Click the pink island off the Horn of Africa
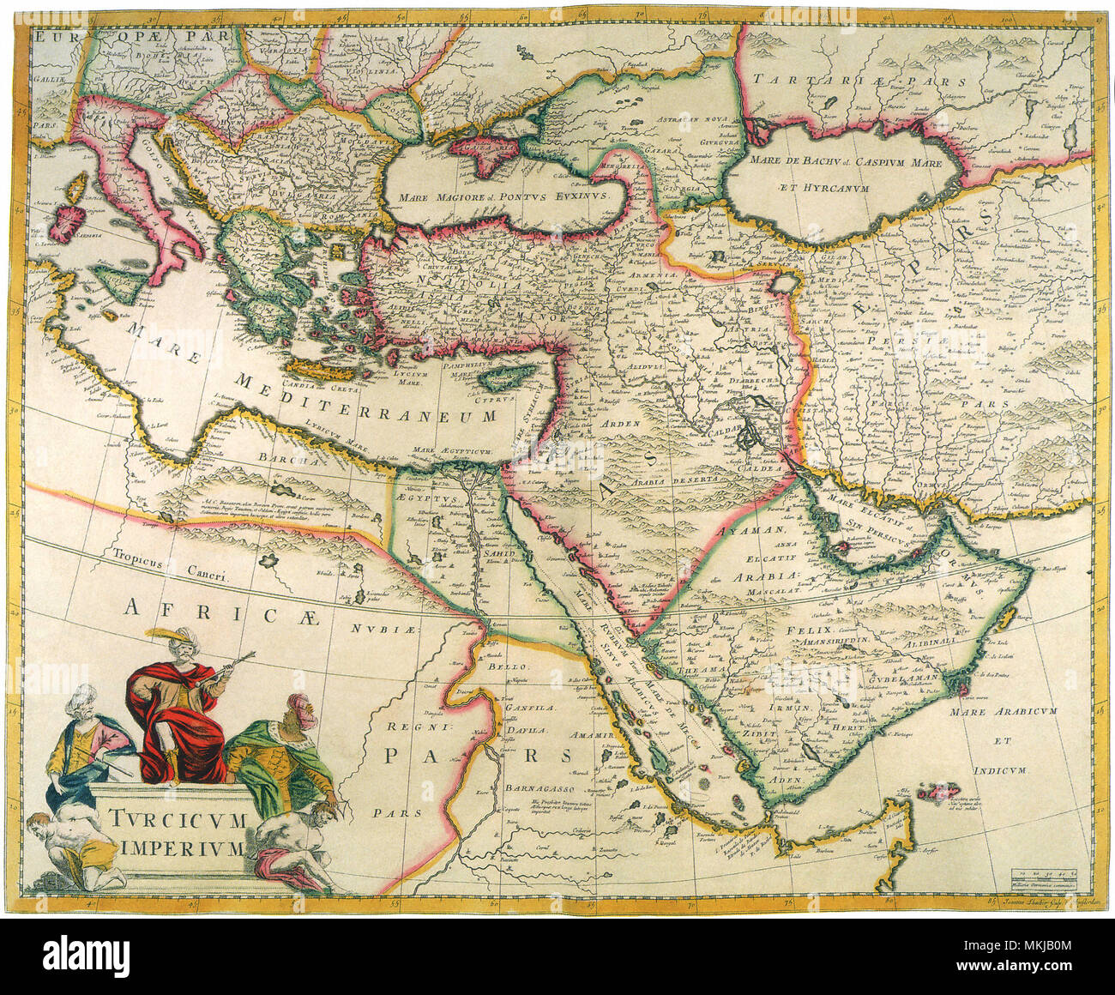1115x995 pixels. tap(940, 793)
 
